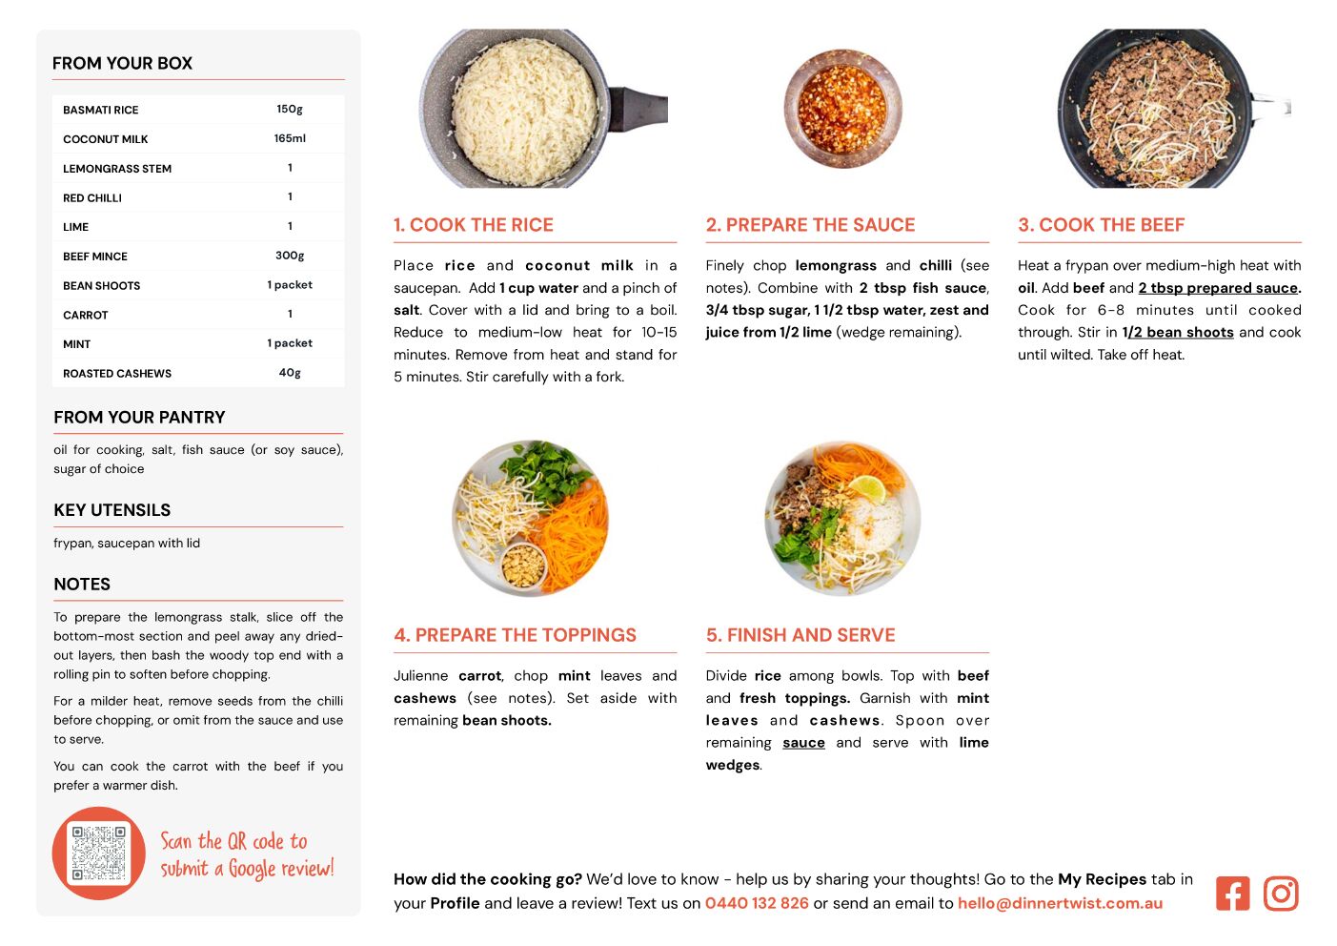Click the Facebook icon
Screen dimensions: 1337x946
point(1232,893)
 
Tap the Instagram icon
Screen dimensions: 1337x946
point(1280,893)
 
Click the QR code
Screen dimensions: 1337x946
point(98,853)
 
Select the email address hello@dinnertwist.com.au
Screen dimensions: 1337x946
point(1060,902)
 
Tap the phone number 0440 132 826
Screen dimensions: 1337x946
point(757,902)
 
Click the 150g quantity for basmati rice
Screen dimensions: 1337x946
point(290,110)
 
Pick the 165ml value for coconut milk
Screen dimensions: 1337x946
point(290,138)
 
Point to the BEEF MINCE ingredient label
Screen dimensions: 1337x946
point(95,257)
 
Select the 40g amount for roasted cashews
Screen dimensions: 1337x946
point(290,373)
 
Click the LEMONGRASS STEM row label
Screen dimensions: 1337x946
point(117,169)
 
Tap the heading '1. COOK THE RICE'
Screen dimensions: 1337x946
point(474,224)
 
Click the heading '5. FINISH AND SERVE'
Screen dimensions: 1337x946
point(800,635)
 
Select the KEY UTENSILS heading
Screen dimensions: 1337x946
point(112,510)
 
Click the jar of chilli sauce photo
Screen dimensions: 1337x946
point(842,109)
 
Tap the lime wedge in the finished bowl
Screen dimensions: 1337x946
point(868,487)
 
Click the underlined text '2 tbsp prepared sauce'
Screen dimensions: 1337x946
point(1218,288)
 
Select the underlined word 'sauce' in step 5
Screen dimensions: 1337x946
point(803,742)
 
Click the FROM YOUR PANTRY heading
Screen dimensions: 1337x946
point(139,417)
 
